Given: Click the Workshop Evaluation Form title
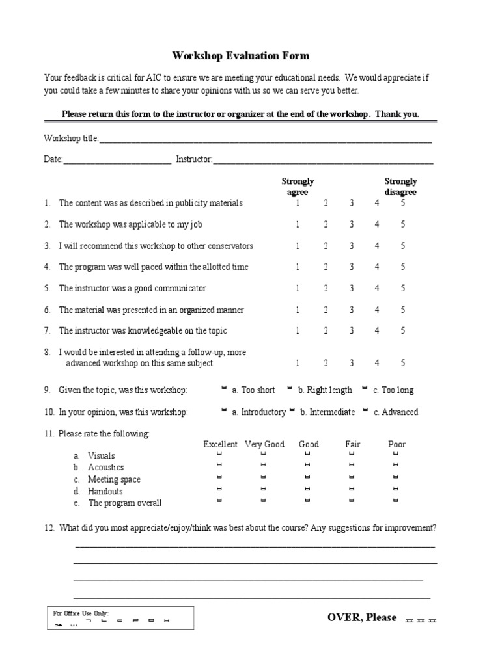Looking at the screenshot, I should coord(240,55).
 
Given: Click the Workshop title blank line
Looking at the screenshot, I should coord(266,139).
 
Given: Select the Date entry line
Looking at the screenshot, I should coord(117,160).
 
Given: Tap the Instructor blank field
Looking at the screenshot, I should coord(323,160).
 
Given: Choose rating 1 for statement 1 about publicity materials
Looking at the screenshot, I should coord(298,203).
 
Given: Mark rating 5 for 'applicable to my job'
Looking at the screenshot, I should coord(402,224).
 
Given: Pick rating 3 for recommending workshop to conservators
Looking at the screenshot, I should coord(351,246).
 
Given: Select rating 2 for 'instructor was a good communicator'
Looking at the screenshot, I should coord(326,288).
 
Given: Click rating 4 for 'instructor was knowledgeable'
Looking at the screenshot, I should coord(376,330).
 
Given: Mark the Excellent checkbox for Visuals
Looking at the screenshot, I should coord(219,454).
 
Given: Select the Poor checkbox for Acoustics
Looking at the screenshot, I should coord(396,466).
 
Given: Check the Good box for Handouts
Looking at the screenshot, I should coord(307,489).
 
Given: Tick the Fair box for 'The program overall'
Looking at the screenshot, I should coord(352,501).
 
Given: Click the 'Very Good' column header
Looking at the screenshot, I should coord(264,444).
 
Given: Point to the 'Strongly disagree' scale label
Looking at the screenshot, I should coord(400,187).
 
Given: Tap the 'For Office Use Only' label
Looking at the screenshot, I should coord(81,613).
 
